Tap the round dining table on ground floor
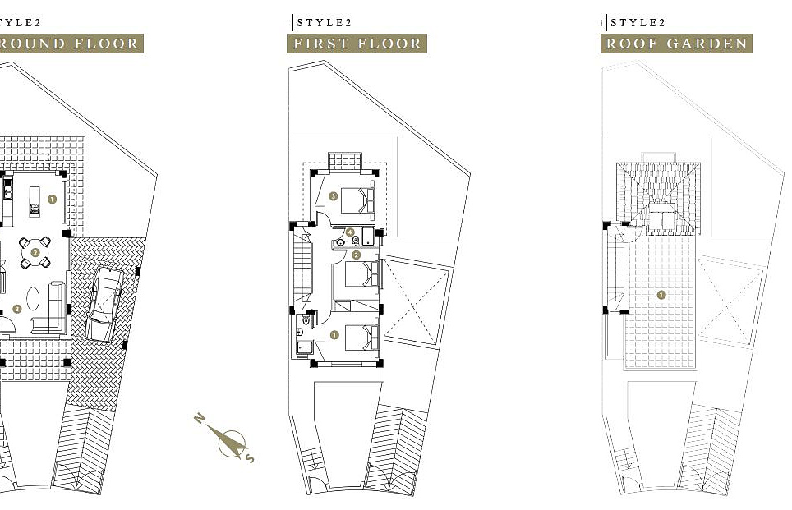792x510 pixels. click(35, 253)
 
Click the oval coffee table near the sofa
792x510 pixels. click(34, 297)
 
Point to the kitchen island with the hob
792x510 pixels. click(35, 200)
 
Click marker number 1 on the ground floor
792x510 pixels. click(52, 199)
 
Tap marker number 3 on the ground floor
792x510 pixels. click(18, 310)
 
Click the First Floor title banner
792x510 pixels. click(357, 44)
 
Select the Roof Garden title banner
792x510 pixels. click(676, 44)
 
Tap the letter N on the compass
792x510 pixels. click(200, 420)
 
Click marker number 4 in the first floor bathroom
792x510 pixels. click(350, 232)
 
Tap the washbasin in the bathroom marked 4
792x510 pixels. click(341, 243)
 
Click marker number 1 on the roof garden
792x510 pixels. click(661, 293)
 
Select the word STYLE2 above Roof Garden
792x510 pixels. click(638, 22)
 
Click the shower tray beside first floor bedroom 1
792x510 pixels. click(305, 347)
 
